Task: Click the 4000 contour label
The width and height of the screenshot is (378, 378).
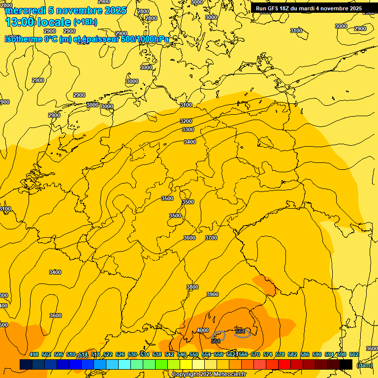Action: pos(202,330)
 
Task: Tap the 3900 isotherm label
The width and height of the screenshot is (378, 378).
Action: pos(212,294)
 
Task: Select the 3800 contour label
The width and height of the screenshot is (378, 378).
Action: pos(192,287)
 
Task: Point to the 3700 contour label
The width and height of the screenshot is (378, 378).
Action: pos(211,238)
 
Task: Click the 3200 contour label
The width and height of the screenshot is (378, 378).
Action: pos(186,121)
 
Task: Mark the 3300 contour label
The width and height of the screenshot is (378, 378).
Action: pos(188,129)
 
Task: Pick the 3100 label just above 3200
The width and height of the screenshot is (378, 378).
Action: pos(186,105)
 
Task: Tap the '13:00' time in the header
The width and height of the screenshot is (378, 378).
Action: pos(20,22)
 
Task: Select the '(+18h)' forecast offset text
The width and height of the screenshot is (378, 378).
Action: pos(85,22)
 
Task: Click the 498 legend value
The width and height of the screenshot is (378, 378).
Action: pos(34,354)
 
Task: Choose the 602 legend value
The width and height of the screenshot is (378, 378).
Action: pos(354,354)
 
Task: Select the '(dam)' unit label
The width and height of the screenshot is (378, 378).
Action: pos(364,365)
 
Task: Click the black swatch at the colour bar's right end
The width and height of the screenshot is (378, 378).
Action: pos(346,364)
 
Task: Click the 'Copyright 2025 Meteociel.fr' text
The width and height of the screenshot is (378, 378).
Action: pos(209,374)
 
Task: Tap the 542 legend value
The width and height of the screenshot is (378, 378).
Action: pos(169,354)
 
